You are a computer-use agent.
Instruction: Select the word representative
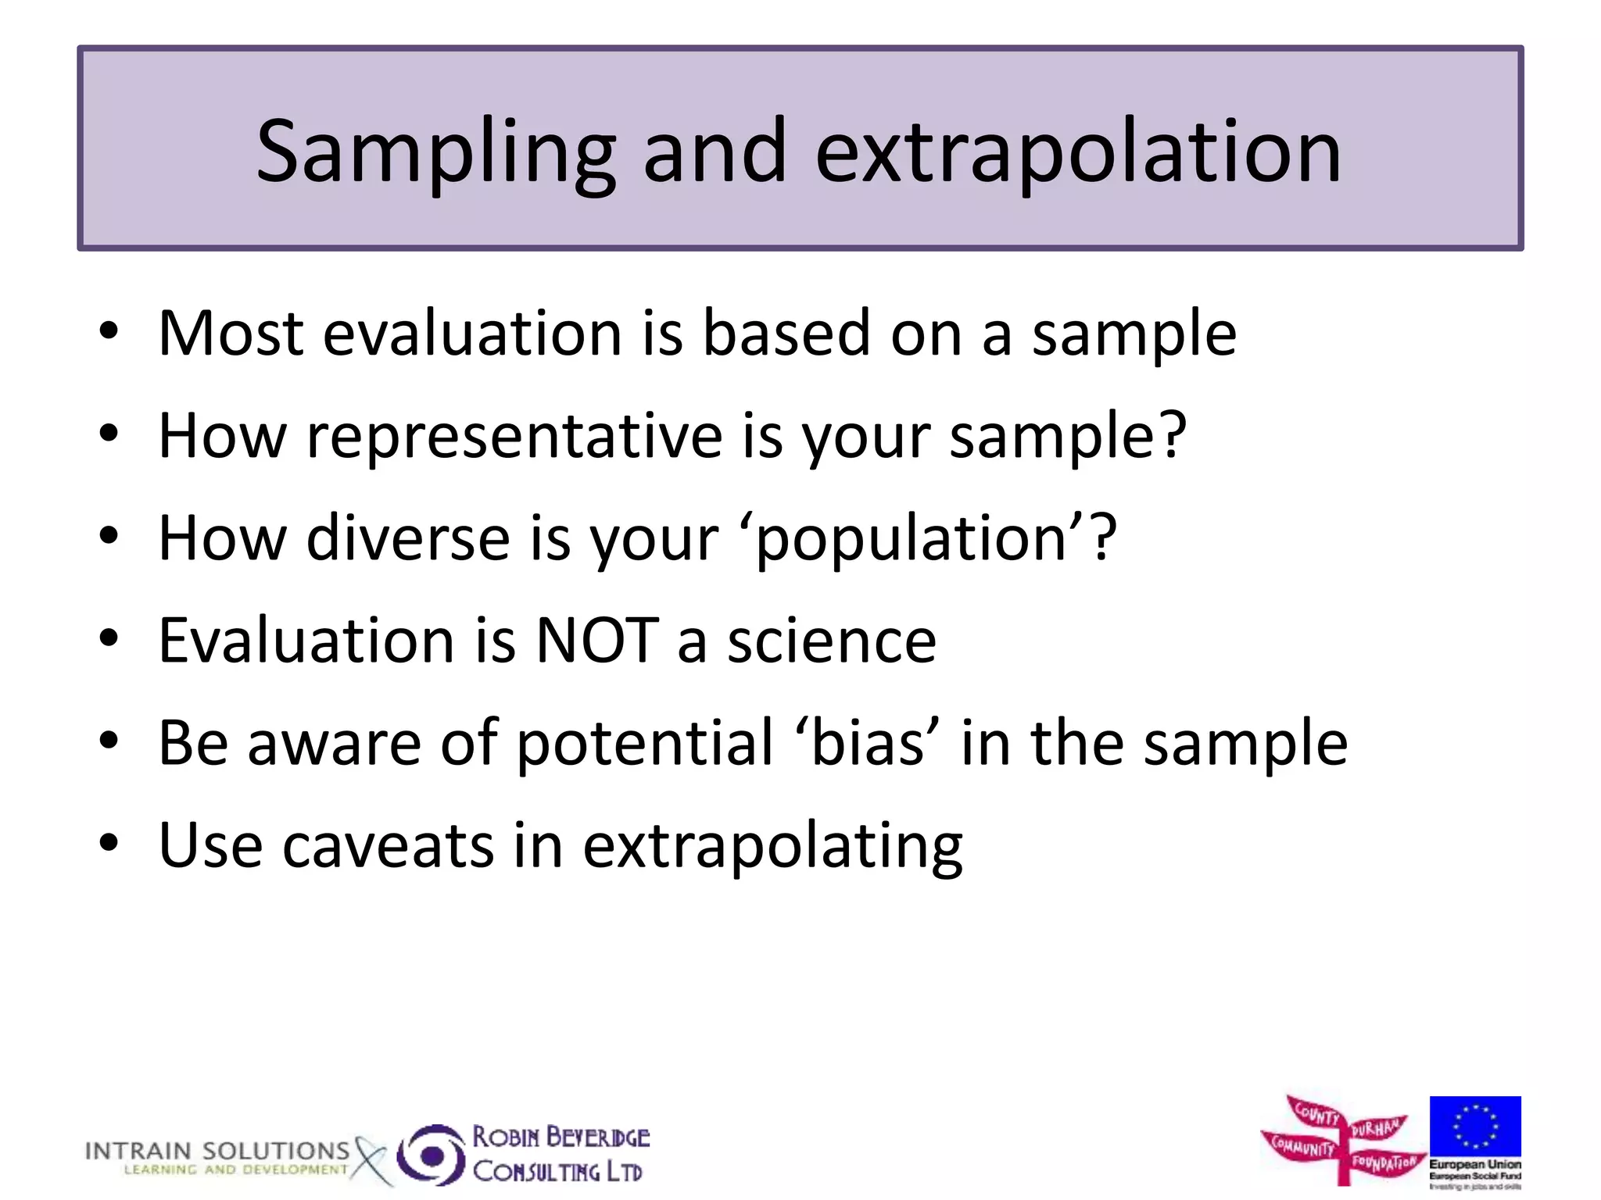click(x=514, y=437)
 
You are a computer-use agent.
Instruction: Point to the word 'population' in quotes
click(x=912, y=541)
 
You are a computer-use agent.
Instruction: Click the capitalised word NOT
click(x=597, y=641)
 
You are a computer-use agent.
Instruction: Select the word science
click(x=832, y=641)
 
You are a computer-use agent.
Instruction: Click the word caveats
click(x=388, y=846)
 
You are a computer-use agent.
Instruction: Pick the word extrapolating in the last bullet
click(x=772, y=848)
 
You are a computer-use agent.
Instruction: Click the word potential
click(x=645, y=744)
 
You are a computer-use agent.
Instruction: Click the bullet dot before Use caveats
click(x=109, y=845)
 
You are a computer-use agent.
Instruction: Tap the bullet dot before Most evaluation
click(x=109, y=332)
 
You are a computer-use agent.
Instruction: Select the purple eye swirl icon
click(x=431, y=1155)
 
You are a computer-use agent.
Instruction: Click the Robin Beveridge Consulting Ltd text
click(x=560, y=1154)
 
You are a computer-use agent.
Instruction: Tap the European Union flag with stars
click(x=1474, y=1126)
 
